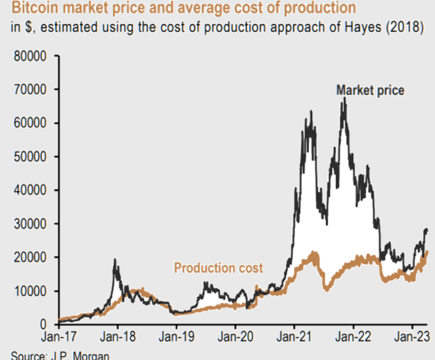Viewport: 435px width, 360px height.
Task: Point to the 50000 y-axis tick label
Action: (30, 157)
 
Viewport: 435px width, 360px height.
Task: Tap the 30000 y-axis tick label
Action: (30, 224)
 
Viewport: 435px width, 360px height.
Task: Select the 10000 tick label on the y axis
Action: (30, 291)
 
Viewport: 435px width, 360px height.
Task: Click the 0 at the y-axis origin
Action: (43, 325)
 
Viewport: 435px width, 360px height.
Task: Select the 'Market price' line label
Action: (370, 91)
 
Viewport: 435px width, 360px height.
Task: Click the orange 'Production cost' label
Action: (218, 267)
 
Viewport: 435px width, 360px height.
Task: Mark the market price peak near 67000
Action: (344, 99)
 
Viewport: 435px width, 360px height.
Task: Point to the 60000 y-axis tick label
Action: (30, 123)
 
